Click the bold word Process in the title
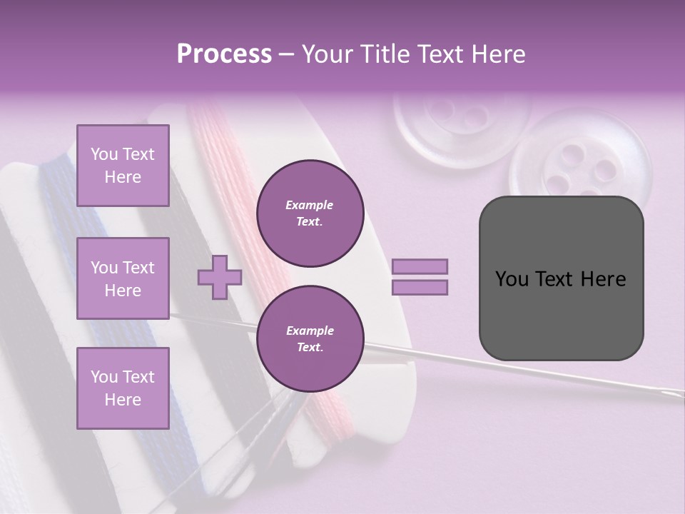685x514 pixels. pos(224,54)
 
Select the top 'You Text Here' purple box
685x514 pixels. pos(123,166)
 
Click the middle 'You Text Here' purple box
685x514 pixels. pos(123,278)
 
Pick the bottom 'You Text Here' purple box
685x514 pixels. pos(123,388)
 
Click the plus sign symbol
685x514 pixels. pos(220,276)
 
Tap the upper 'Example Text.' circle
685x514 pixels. pos(310,213)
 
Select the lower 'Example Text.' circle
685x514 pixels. pos(310,338)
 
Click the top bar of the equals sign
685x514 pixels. pos(420,266)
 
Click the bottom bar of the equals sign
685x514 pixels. pos(420,287)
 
